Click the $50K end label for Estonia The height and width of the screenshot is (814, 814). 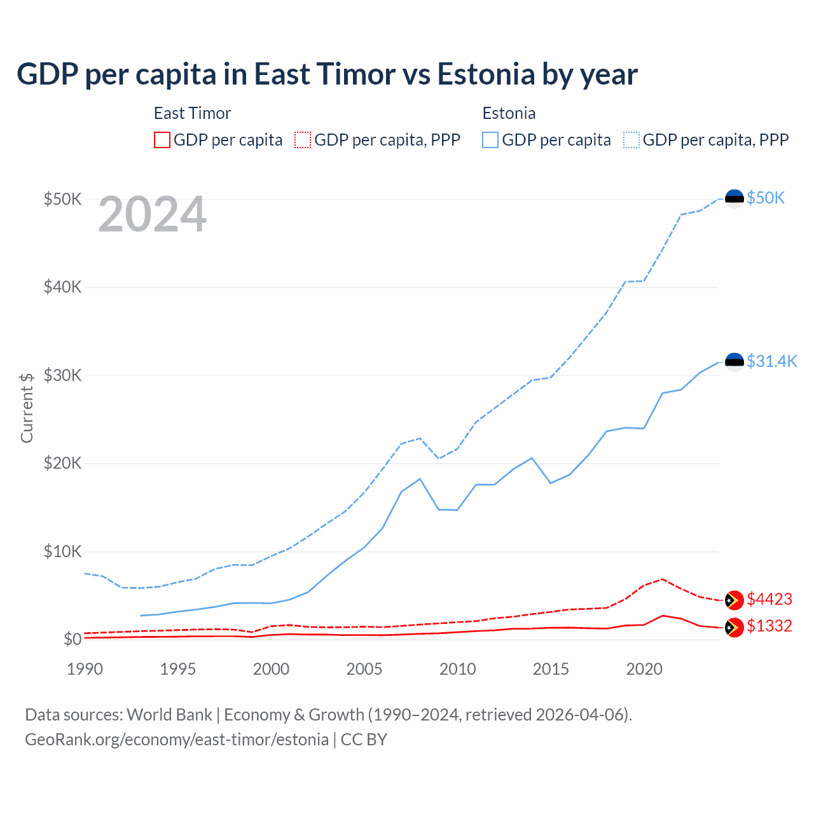coord(766,198)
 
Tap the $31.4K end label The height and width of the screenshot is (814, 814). coord(771,361)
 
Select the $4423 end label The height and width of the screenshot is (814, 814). coord(769,599)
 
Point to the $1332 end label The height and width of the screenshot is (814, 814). coord(769,626)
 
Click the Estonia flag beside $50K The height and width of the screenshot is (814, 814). coord(735,198)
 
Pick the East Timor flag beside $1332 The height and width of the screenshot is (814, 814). coord(735,627)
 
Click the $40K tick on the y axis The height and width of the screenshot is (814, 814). coord(62,287)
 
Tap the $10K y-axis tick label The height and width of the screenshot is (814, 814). coord(62,551)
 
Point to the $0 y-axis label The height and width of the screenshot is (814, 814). coord(72,639)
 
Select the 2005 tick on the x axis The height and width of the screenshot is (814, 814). coord(364,669)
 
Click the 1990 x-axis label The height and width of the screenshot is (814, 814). coord(85,669)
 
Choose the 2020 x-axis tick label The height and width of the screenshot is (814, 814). coord(644,669)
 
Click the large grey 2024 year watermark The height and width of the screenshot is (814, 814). coord(152,214)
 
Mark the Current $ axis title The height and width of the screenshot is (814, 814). coord(27,408)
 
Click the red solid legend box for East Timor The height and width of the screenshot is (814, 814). coord(162,140)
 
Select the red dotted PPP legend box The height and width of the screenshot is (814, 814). coord(303,140)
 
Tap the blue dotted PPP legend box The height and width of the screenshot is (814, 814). coord(631,140)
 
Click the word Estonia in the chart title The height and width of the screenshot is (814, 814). coord(486,74)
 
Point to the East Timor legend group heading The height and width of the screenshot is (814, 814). coord(192,113)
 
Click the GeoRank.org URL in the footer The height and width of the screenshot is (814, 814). coord(177,740)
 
